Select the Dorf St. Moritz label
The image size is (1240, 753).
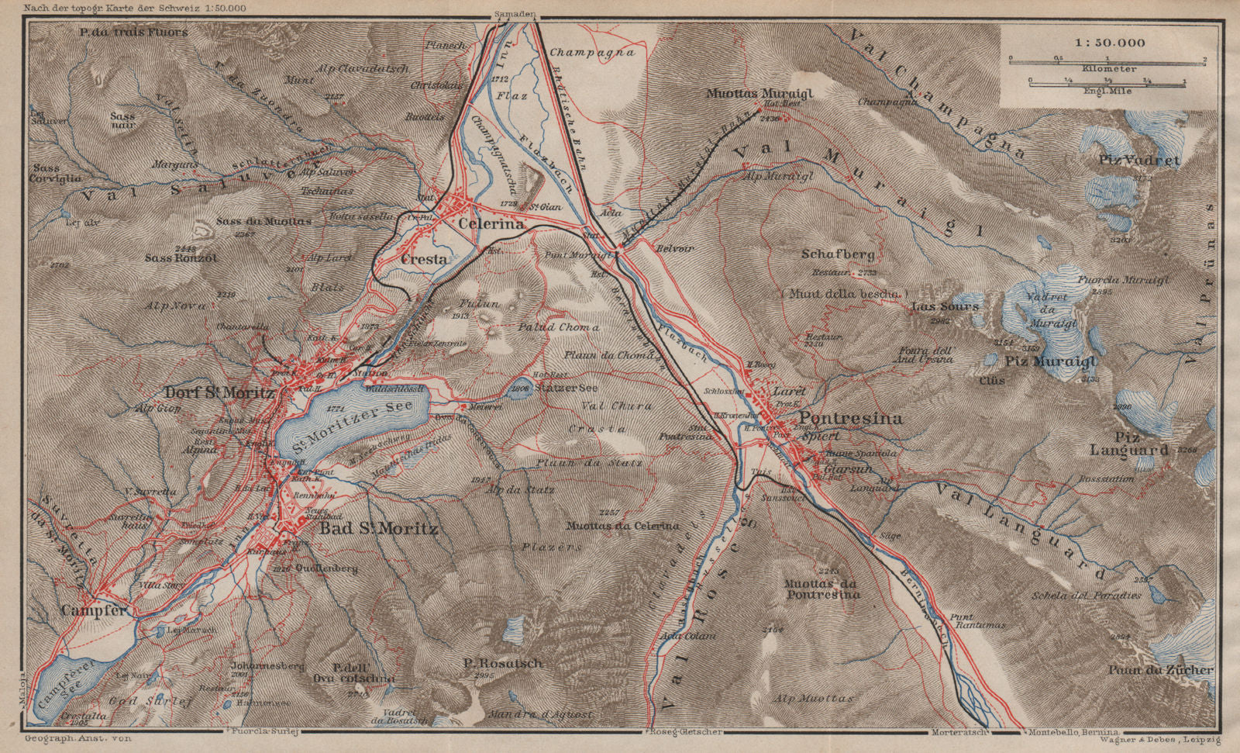[x=219, y=393]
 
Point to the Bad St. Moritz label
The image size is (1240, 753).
[x=379, y=529]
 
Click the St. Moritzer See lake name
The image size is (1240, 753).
[x=353, y=423]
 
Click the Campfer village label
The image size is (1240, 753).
[x=93, y=611]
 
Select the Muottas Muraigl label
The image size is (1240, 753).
[x=759, y=93]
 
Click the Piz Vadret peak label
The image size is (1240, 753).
[x=1138, y=161]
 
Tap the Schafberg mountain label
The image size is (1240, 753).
[x=838, y=254]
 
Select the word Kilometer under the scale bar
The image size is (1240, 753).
[x=1109, y=69]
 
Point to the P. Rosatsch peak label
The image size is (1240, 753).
[x=502, y=663]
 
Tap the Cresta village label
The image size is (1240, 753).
[x=424, y=260]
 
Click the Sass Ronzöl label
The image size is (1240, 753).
[x=181, y=257]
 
